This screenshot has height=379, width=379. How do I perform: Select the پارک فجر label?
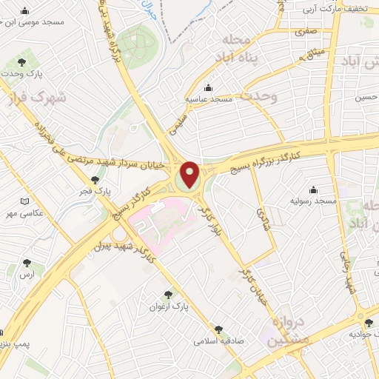coord(95,191)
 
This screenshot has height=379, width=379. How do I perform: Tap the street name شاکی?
coord(264,218)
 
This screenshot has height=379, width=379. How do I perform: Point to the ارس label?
coord(27,275)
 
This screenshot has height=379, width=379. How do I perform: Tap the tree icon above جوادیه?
coord(369,322)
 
